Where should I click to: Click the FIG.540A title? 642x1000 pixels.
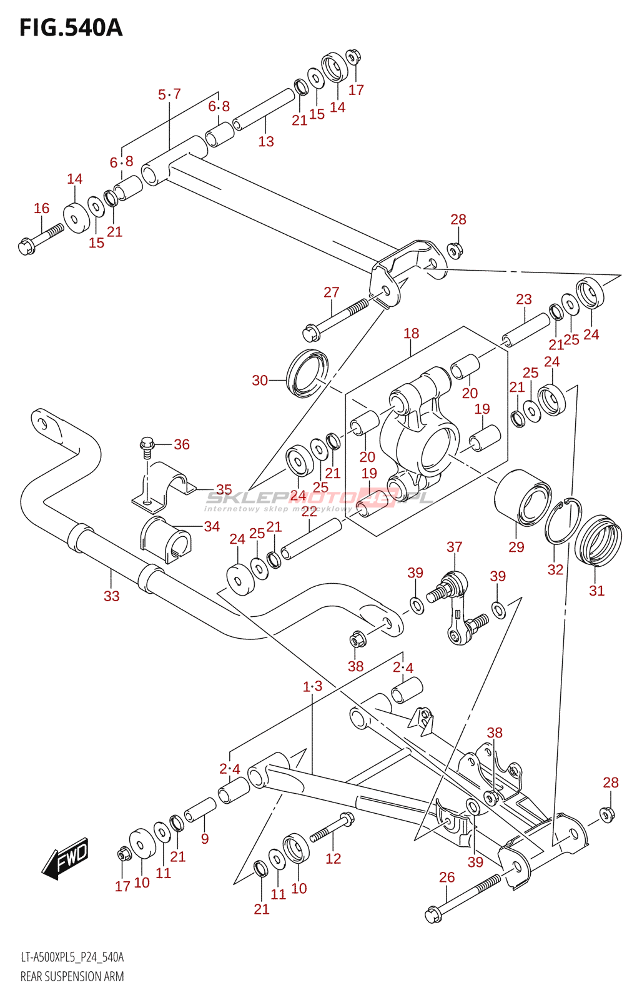coord(71,28)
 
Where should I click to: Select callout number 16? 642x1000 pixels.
coord(41,208)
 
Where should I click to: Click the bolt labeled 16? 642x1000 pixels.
coord(39,239)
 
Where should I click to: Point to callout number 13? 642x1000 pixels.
coord(266,141)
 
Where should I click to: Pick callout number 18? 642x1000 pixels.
coord(411,334)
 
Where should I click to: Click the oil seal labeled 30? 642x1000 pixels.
coord(307,374)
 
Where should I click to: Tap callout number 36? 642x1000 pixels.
coord(182,444)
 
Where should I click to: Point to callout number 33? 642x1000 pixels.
coord(111,596)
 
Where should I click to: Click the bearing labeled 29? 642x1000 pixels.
coord(523,498)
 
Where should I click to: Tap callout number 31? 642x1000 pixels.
coord(596,591)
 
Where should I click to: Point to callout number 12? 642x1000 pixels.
coord(333,859)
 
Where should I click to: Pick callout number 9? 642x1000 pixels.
coord(205,839)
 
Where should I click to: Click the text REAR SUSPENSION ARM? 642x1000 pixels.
coord(72,976)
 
